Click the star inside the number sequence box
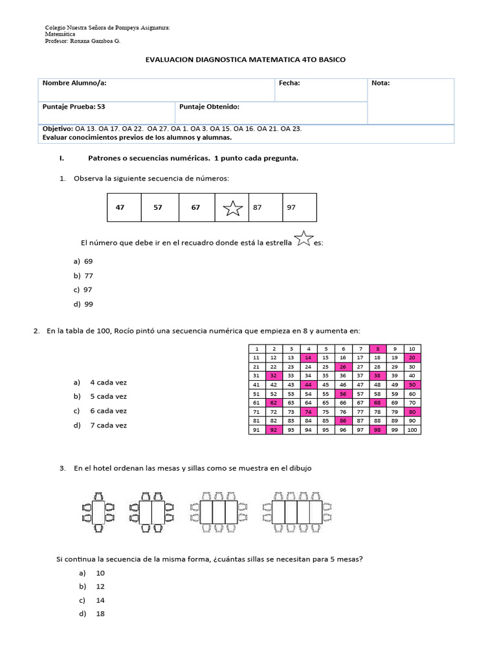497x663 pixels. (232, 208)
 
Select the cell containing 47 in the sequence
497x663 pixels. (120, 208)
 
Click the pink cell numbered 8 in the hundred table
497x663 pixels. (377, 349)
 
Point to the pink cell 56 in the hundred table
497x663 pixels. (343, 394)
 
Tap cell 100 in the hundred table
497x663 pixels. (412, 430)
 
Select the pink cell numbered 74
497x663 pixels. (309, 412)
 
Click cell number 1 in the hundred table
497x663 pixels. (257, 349)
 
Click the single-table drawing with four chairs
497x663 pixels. (98, 509)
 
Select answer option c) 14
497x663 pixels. (100, 600)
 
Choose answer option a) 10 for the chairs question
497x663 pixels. (100, 573)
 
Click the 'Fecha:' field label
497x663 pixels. (289, 83)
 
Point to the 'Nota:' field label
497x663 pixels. (381, 83)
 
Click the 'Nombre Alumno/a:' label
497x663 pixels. (74, 83)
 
